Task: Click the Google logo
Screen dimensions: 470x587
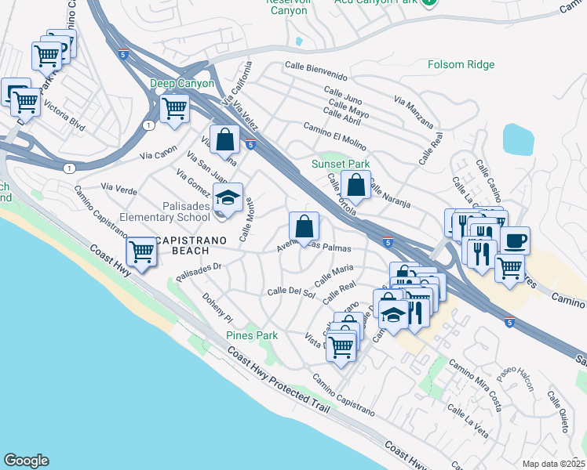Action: point(26,461)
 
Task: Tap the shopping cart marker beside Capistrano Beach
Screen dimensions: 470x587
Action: point(141,252)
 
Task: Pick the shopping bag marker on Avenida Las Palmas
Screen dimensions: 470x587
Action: point(304,227)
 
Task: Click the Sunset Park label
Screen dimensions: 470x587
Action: point(340,164)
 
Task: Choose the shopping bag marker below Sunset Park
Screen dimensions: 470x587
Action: point(355,186)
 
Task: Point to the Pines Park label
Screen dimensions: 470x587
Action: point(252,335)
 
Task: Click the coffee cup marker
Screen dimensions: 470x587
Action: point(515,240)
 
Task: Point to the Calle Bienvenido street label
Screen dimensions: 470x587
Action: point(315,71)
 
